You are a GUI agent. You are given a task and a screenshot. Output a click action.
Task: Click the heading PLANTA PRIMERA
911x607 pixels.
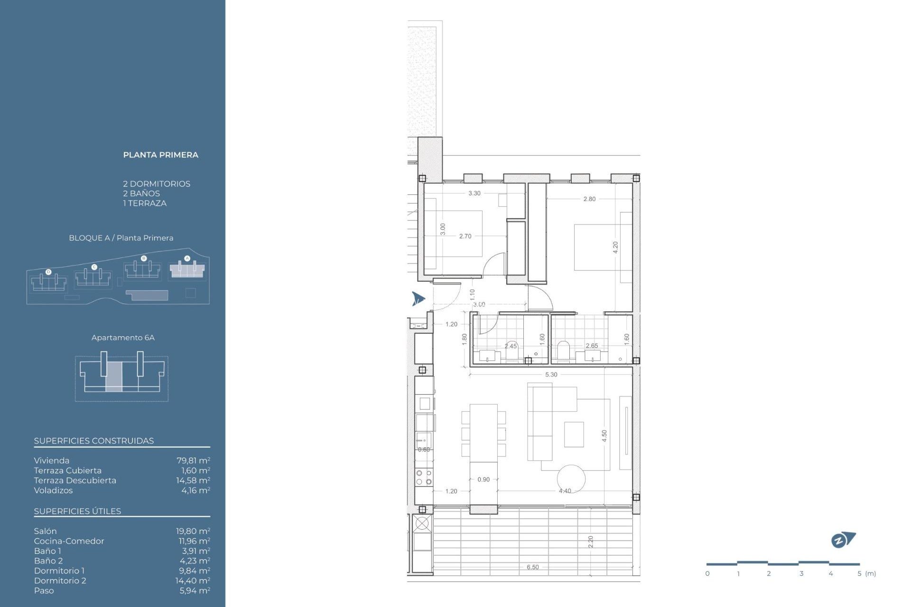[x=160, y=155]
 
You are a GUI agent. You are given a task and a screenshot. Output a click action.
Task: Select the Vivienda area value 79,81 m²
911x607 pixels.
[x=193, y=460]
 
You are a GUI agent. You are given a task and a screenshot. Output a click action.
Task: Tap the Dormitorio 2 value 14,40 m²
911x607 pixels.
[x=193, y=580]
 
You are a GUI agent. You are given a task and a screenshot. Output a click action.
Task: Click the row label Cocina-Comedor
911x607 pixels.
[x=69, y=541]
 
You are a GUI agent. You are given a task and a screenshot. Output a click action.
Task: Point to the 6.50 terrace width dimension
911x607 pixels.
[x=532, y=567]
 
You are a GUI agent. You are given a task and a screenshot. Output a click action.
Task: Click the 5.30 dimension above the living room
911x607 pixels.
[x=551, y=375]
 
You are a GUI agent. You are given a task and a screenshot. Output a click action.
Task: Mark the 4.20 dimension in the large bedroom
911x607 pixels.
[x=615, y=247]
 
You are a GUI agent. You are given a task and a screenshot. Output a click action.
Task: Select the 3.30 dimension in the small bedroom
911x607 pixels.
[x=474, y=193]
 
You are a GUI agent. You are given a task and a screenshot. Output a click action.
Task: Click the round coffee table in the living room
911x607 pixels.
[x=571, y=478]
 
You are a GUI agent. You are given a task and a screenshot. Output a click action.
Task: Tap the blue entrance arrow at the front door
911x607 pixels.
[x=418, y=299]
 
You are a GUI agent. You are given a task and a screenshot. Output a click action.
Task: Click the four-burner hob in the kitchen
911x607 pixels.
[x=424, y=477]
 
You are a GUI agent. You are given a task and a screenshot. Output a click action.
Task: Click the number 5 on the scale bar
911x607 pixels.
[x=859, y=574]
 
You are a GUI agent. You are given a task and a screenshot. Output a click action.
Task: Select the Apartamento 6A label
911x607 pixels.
[x=123, y=338]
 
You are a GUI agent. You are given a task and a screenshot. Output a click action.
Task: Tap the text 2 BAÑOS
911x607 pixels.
[x=141, y=193]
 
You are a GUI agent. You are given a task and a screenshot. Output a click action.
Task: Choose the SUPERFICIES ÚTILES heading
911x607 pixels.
[x=77, y=511]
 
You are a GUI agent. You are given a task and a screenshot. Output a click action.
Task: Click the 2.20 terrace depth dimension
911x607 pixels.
[x=591, y=542]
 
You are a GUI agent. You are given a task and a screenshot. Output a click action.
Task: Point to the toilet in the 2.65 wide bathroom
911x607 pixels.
[x=563, y=350]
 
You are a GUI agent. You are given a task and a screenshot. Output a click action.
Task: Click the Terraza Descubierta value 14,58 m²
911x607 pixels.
[x=193, y=480]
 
